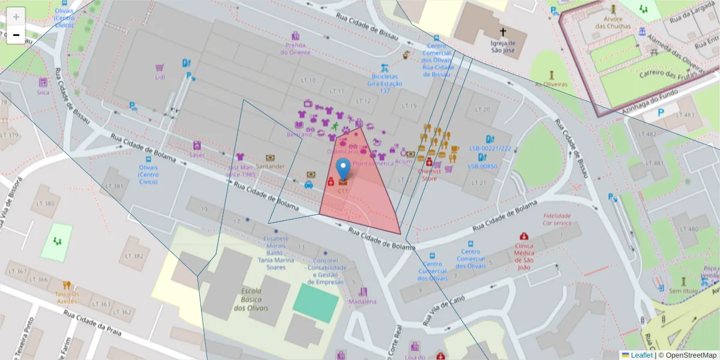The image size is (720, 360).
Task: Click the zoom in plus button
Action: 16,17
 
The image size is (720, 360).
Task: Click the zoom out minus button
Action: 16,35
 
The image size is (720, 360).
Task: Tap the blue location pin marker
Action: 343,169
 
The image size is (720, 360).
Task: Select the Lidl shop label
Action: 160,77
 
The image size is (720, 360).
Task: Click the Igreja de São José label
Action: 503,46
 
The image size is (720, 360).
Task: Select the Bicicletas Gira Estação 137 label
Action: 385,83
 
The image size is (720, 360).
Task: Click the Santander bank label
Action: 270,166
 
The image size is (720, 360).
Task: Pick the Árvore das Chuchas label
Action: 613,23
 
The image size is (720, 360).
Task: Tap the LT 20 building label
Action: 482,109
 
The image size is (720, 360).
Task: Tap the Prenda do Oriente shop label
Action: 295,49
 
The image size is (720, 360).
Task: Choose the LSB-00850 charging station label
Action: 482,166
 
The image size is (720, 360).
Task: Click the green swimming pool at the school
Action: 315,303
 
